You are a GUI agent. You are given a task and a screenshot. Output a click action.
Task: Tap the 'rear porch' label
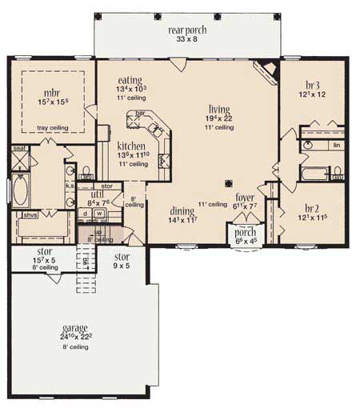coord(186,30)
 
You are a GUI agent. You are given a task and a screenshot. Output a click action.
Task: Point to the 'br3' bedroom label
coord(314,84)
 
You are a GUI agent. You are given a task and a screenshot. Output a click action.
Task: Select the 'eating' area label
coord(130,81)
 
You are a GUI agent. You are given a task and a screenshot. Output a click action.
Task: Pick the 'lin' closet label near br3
coord(336,145)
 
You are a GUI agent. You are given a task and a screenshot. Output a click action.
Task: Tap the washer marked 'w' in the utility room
coord(99,214)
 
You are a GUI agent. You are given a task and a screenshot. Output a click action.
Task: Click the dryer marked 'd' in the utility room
coord(86,214)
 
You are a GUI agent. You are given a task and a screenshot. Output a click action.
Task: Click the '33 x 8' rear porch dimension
coord(186,41)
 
